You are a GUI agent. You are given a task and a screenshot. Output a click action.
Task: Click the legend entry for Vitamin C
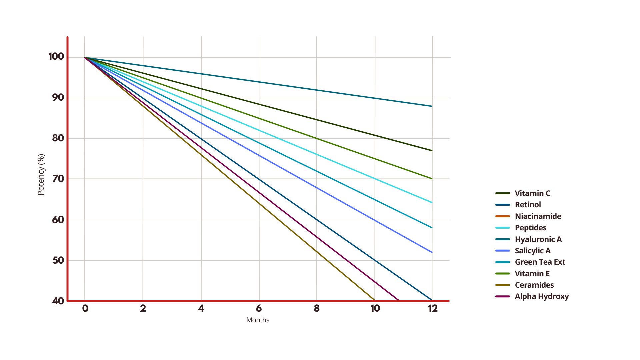click(x=532, y=193)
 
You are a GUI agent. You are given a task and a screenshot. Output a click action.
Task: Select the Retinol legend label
click(x=528, y=205)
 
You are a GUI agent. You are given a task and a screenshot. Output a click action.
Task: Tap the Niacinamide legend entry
click(x=538, y=216)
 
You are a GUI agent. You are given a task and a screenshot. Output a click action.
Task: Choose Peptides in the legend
click(x=530, y=228)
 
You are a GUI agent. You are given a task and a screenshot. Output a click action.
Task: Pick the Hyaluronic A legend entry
click(x=538, y=239)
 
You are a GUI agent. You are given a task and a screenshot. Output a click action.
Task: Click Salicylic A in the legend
click(x=532, y=251)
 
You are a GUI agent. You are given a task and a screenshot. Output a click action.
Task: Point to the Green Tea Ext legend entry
click(x=540, y=262)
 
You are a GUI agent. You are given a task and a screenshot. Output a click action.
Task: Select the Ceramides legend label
click(x=534, y=285)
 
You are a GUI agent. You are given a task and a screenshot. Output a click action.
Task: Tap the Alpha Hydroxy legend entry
click(x=541, y=296)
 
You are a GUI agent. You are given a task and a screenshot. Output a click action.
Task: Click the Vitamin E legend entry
click(x=532, y=274)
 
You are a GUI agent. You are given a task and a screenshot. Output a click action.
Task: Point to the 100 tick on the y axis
click(x=56, y=56)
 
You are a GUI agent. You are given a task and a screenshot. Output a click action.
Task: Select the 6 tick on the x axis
click(x=259, y=308)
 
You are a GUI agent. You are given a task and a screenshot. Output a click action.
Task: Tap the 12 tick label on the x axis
click(x=432, y=308)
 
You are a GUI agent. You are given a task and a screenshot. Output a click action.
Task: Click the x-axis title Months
click(x=258, y=320)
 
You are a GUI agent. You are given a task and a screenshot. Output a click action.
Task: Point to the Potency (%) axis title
click(x=41, y=174)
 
